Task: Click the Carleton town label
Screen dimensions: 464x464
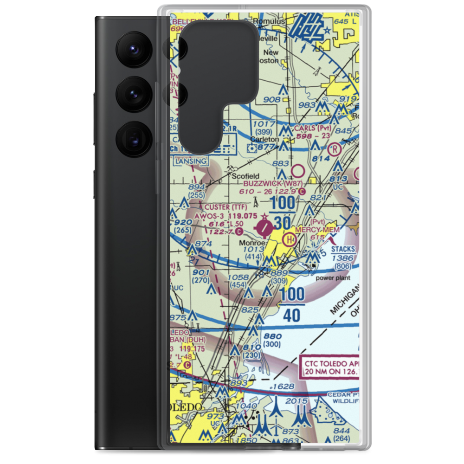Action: (x=264, y=139)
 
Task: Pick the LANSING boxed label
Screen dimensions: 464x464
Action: (x=190, y=161)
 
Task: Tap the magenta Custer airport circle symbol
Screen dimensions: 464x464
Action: (x=265, y=227)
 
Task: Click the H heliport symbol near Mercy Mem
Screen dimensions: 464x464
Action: (x=290, y=240)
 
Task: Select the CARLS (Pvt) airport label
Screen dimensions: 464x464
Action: (x=311, y=128)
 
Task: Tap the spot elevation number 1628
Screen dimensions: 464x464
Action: (x=284, y=386)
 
